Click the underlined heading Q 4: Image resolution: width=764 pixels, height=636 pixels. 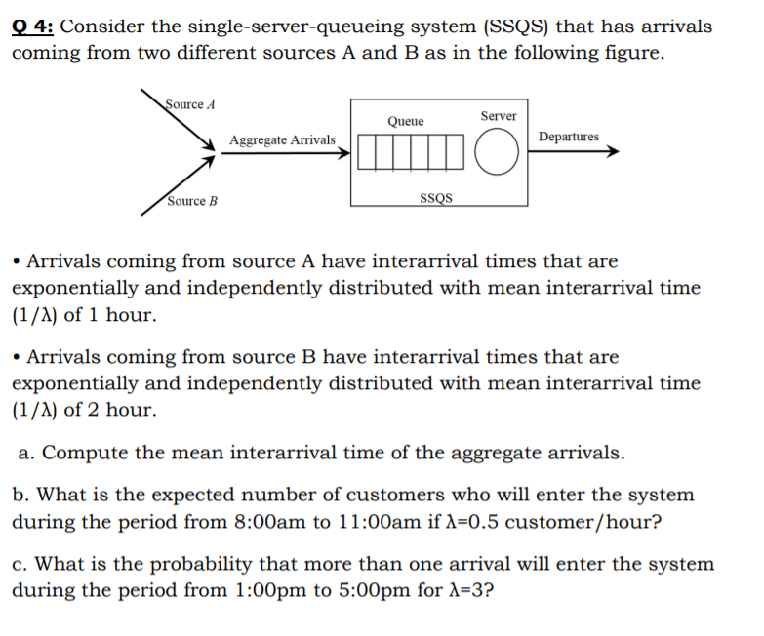pyautogui.click(x=33, y=26)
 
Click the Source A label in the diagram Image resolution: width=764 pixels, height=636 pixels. pyautogui.click(x=191, y=104)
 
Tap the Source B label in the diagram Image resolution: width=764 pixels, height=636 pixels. pyautogui.click(x=192, y=201)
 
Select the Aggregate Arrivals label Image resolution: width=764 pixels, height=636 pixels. pyautogui.click(x=282, y=140)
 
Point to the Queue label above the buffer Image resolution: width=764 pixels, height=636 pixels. pyautogui.click(x=405, y=121)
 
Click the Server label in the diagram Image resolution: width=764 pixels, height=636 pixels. pyautogui.click(x=498, y=116)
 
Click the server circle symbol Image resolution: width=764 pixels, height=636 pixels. pyautogui.click(x=497, y=154)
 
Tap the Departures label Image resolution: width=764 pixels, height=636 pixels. pyautogui.click(x=569, y=137)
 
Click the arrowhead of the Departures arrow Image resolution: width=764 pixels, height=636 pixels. pyautogui.click(x=612, y=151)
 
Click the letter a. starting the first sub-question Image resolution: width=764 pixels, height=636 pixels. pyautogui.click(x=27, y=453)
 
